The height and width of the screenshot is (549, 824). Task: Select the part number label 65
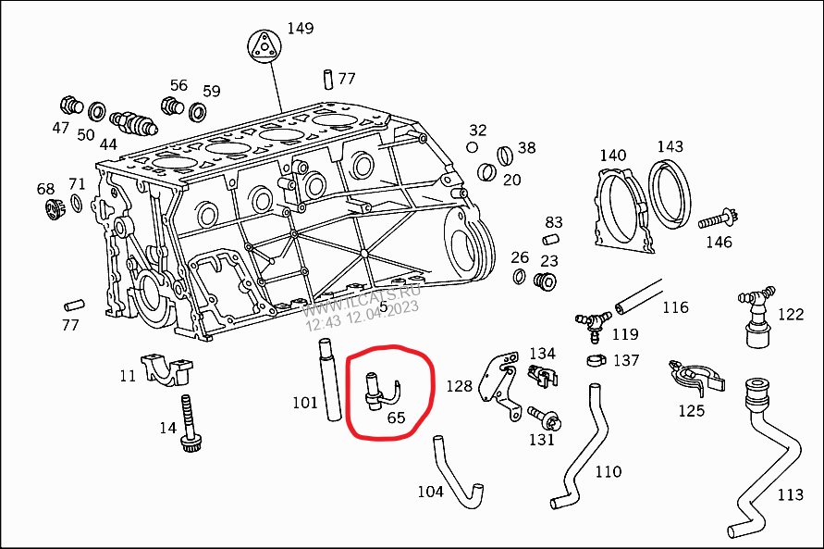396,418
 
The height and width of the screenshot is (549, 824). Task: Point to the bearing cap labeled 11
169,369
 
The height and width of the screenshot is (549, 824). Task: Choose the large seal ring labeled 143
670,193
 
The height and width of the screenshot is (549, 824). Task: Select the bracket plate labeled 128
498,383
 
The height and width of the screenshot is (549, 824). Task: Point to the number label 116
675,307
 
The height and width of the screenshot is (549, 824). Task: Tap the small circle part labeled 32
473,146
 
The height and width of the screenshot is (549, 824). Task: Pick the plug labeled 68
53,208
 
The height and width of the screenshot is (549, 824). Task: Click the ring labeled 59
197,113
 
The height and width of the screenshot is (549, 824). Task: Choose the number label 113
790,495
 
